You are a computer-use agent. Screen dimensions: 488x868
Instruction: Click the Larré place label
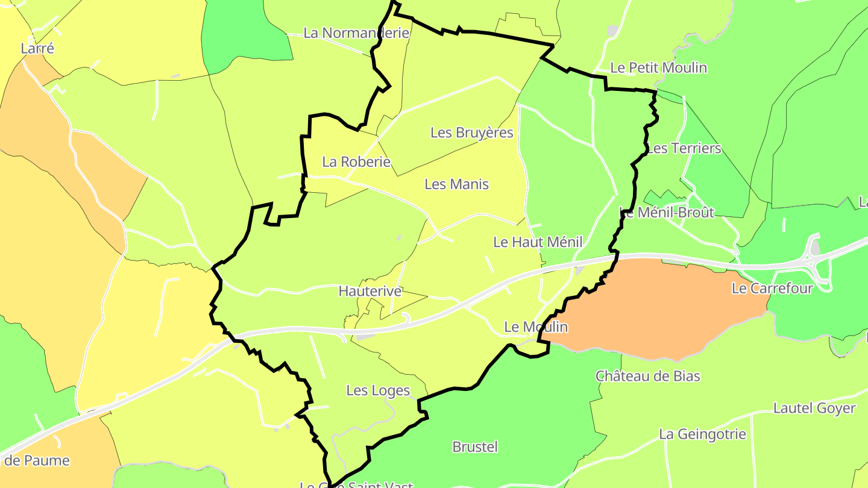click(37, 49)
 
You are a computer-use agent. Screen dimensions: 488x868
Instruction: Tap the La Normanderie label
click(356, 33)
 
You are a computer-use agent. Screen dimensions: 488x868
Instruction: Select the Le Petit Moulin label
click(658, 67)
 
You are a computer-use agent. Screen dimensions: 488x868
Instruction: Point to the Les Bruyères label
click(471, 133)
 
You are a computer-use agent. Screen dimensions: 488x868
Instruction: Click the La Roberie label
click(356, 162)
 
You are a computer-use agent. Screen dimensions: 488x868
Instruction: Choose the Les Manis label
click(456, 184)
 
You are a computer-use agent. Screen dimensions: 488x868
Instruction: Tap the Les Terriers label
click(684, 148)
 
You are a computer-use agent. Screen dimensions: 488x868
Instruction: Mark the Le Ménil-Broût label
click(667, 212)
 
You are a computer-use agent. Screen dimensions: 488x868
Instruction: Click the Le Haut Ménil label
click(538, 242)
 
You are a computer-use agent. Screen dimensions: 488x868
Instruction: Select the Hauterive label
click(370, 292)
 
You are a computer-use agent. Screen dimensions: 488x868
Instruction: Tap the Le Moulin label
click(536, 327)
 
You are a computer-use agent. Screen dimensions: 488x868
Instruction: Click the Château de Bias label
click(648, 377)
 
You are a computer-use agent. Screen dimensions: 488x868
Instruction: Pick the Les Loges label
click(378, 391)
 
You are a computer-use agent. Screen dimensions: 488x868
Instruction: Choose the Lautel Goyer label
click(814, 408)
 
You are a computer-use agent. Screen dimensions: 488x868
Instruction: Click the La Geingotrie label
click(702, 434)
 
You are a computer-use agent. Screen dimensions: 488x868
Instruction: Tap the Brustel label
click(475, 447)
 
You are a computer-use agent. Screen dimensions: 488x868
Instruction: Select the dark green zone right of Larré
click(241, 33)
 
